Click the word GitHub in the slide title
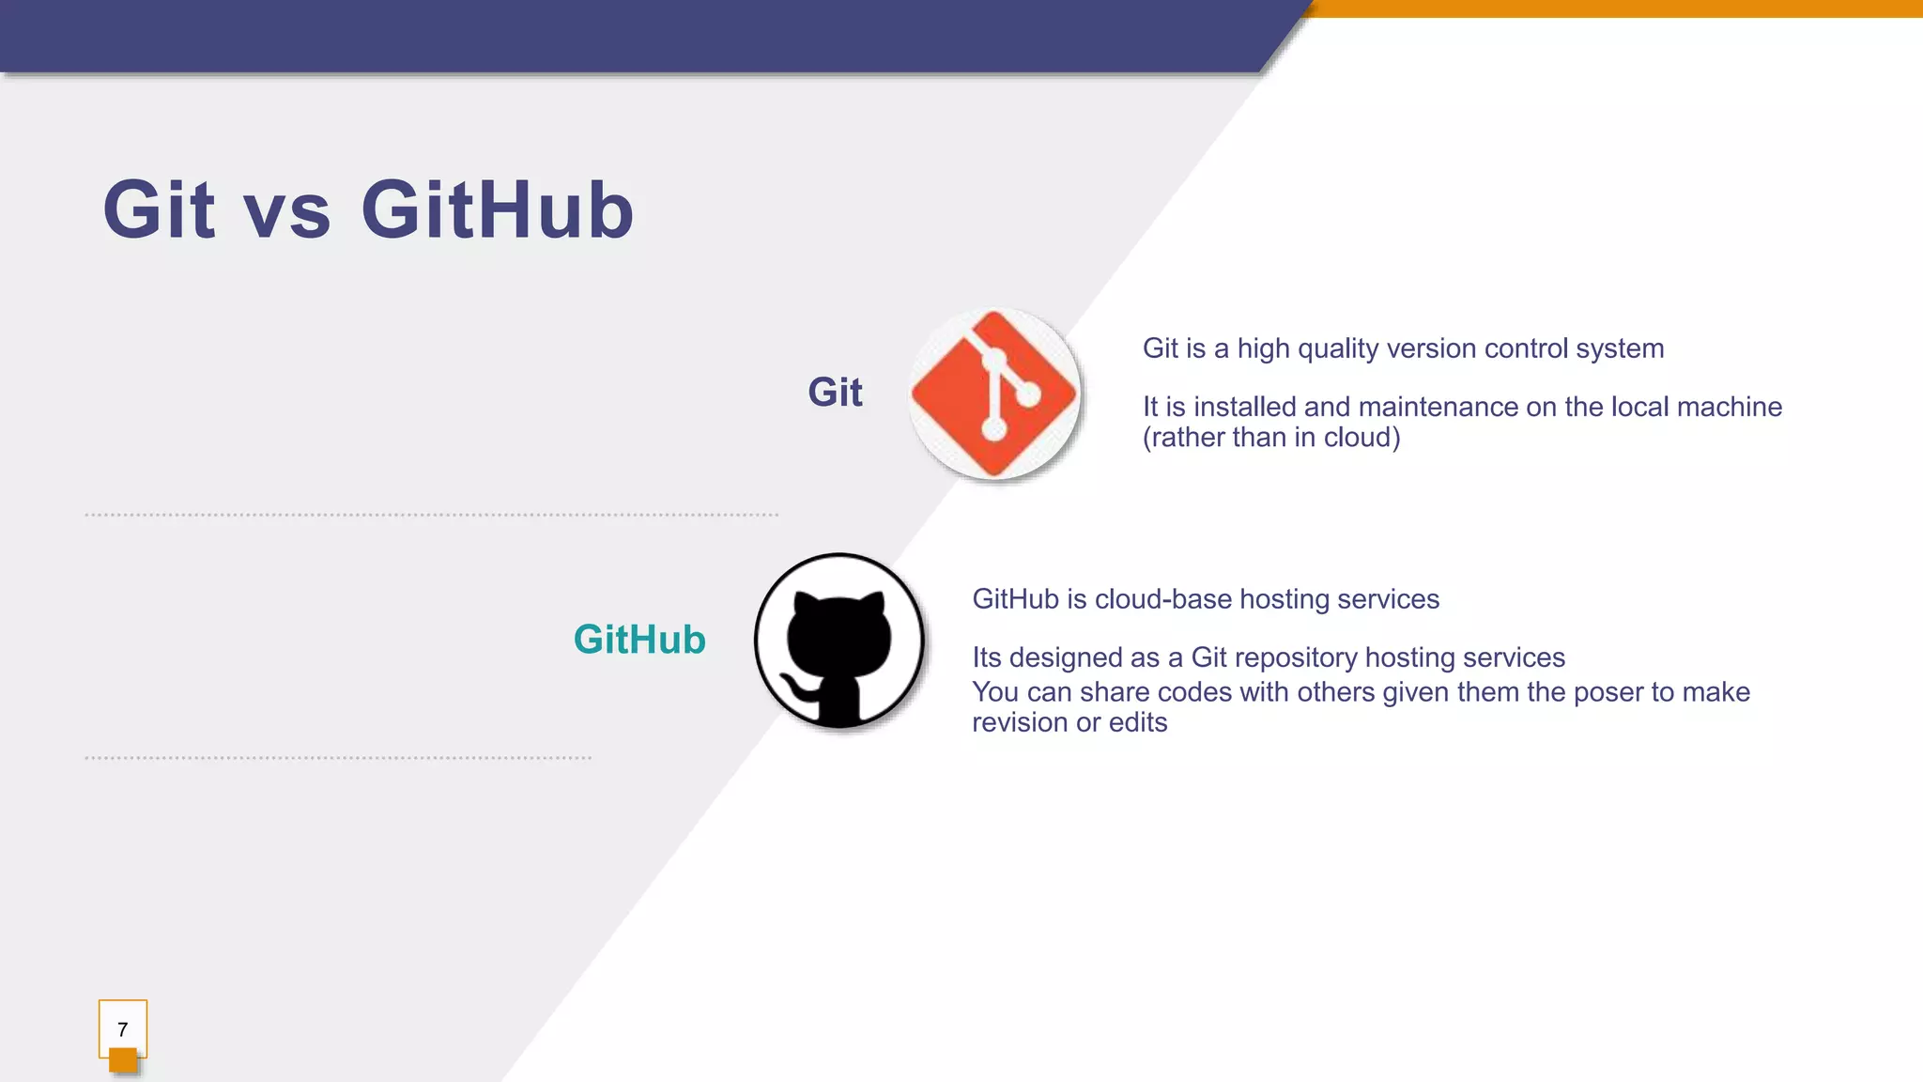[498, 209]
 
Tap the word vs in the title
[287, 211]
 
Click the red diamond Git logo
[993, 394]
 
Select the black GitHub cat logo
[838, 641]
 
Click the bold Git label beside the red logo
[835, 392]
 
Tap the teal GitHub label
[639, 640]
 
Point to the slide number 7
[122, 1029]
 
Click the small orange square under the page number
[123, 1061]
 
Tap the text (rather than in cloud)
[1271, 438]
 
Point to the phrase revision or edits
[1069, 722]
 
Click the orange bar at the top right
[1615, 8]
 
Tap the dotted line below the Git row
[432, 515]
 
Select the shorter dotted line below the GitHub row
[338, 757]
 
